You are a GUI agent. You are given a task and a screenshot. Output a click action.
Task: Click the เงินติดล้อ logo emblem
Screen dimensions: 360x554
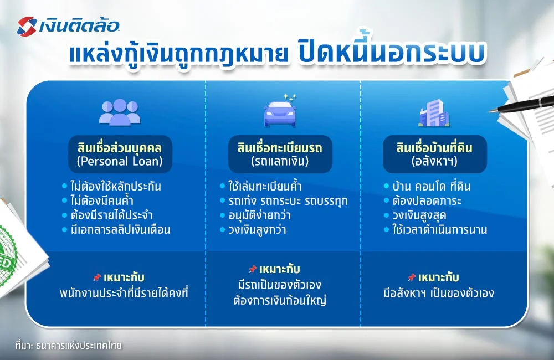pos(27,25)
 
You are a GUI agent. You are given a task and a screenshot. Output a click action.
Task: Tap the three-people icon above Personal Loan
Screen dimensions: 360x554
pos(120,112)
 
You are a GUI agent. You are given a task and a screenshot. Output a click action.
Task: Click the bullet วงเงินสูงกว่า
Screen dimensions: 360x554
pos(261,229)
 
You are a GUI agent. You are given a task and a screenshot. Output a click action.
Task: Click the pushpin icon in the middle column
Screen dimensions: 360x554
pos(253,269)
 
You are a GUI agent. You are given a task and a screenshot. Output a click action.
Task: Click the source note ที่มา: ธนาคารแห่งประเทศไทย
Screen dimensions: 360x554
pos(68,346)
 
